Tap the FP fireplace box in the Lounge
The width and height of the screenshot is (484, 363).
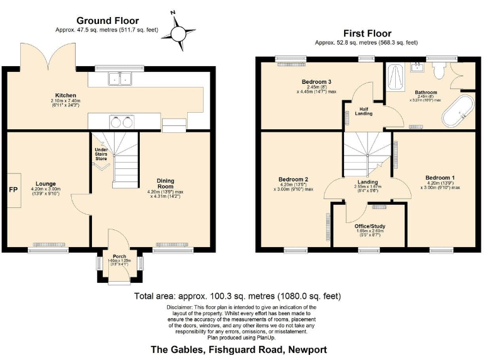[x=13, y=189]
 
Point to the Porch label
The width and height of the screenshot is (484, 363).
[x=119, y=256]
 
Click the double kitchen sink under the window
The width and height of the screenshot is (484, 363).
[x=119, y=78]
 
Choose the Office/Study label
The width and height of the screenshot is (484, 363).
[x=370, y=226]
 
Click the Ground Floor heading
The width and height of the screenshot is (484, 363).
[x=107, y=21]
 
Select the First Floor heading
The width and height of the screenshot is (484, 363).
[x=367, y=33]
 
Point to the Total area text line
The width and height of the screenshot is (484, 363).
[x=238, y=296]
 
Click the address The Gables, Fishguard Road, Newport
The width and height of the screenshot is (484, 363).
[x=238, y=349]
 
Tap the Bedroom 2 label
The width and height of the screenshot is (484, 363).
[x=293, y=179]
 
